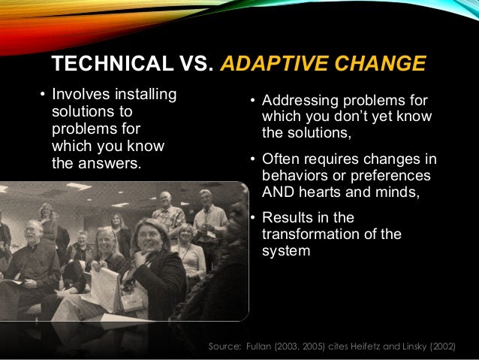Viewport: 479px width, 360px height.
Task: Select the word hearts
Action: coord(318,192)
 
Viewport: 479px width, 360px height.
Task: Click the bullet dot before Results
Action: coord(254,219)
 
